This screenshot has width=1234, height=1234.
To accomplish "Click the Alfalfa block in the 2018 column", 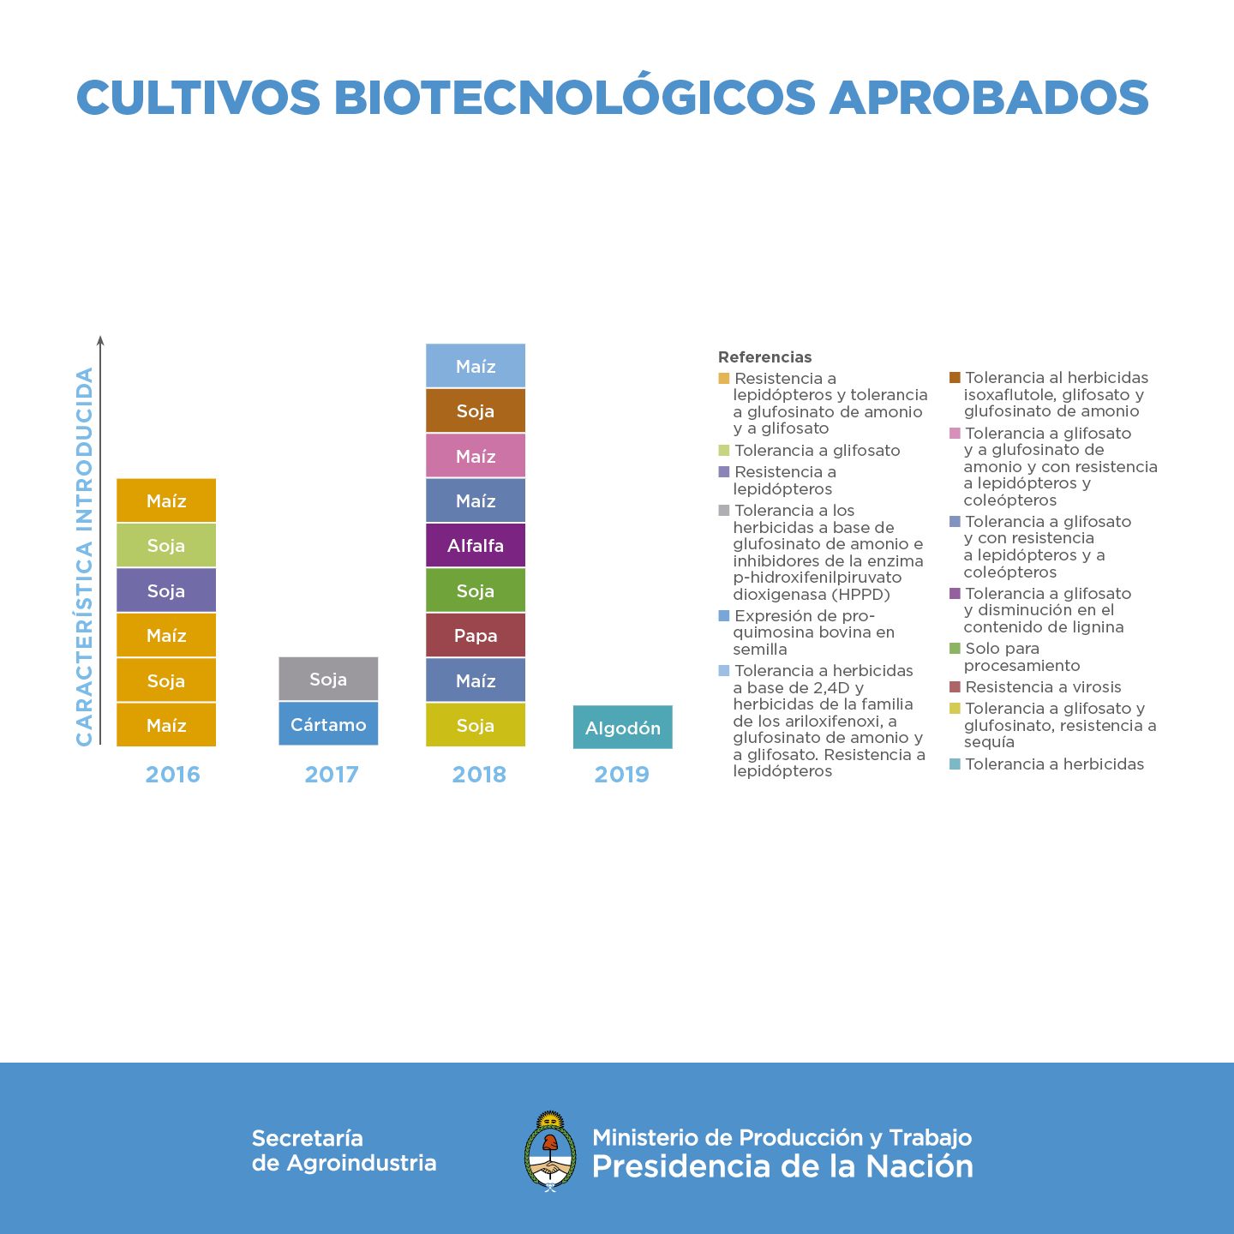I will tap(476, 546).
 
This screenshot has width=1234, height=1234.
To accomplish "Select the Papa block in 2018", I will tap(476, 636).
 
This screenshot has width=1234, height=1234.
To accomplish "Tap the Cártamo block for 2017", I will tap(328, 724).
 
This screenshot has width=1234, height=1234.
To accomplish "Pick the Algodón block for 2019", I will tap(622, 728).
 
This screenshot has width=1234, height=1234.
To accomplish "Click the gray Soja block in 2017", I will tap(328, 680).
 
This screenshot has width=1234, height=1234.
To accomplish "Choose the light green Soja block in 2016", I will tap(166, 546).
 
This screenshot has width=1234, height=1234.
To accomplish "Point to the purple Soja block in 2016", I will tap(166, 590).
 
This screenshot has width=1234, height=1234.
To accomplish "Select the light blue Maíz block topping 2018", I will tap(476, 367).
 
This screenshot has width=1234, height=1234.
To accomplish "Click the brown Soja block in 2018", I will tap(476, 411).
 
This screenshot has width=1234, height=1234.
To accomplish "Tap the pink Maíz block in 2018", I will tap(476, 456).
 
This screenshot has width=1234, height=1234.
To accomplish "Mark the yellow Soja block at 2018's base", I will tap(476, 726).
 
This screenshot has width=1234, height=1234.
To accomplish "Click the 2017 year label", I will tap(332, 775).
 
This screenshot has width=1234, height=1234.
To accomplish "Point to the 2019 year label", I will tap(622, 775).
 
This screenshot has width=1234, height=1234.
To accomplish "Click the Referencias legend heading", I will tap(764, 357).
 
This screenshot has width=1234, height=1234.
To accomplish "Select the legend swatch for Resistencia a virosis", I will tap(955, 686).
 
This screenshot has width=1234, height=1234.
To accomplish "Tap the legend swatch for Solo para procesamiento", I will tap(955, 649).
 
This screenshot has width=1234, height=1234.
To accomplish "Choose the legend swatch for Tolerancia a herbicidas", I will tap(955, 764).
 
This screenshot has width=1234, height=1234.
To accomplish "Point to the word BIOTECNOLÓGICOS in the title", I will tap(574, 98).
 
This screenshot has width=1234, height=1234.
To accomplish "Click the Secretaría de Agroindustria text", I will tap(344, 1150).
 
